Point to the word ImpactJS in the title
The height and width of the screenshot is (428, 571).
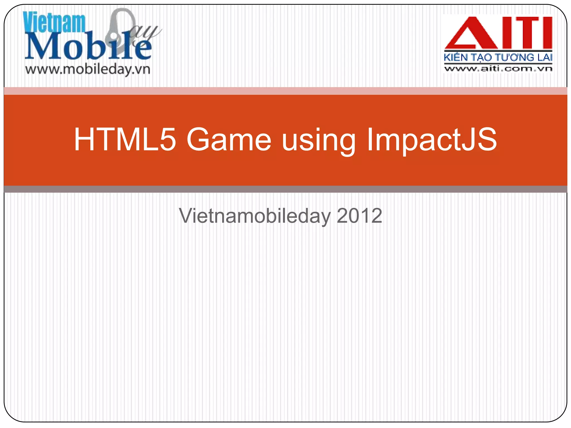[432, 140]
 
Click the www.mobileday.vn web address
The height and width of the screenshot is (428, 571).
[88, 69]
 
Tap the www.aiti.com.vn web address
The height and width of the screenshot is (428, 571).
[498, 69]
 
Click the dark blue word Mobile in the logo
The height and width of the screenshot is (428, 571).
[88, 46]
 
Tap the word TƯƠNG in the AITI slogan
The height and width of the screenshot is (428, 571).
[514, 57]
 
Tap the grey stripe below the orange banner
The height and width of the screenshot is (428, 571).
[285, 189]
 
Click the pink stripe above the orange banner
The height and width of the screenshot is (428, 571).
[285, 91]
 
